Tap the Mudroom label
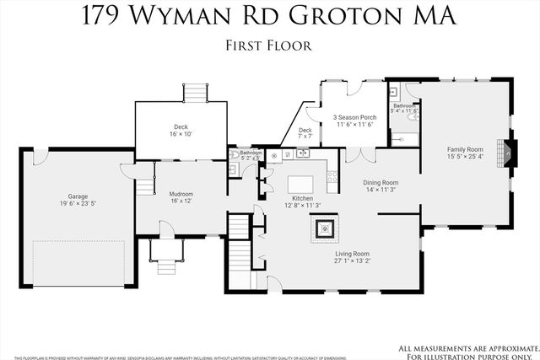pos(181,194)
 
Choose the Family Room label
pos(464,149)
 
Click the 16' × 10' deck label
pos(181,134)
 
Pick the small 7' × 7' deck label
pos(305,136)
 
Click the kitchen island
pos(301,184)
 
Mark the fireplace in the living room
pos(324,226)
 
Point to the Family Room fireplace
pos(504,152)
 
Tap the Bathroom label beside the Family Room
pos(402,105)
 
